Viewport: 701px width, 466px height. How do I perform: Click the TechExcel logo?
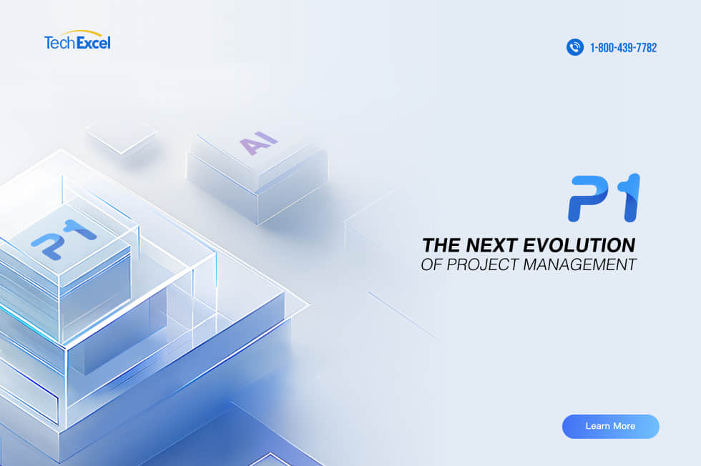click(x=77, y=40)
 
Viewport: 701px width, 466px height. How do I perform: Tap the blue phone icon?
click(x=575, y=47)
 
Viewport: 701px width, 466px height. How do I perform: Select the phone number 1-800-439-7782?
click(x=623, y=47)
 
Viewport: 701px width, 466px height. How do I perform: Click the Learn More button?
click(x=610, y=426)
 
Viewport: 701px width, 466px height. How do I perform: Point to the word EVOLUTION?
click(x=579, y=245)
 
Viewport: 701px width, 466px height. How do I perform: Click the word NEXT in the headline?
click(x=492, y=245)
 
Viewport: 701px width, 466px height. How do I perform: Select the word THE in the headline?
click(x=442, y=245)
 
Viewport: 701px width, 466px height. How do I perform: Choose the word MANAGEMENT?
click(x=579, y=264)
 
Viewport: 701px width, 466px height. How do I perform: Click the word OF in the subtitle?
click(x=432, y=264)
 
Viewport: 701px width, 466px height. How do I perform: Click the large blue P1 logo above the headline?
click(x=604, y=198)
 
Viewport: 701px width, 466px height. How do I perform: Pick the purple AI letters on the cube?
click(x=258, y=143)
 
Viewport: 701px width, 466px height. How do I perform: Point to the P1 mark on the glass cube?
click(x=64, y=239)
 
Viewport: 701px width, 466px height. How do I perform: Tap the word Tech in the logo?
click(x=60, y=43)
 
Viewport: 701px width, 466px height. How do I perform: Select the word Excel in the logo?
click(x=94, y=43)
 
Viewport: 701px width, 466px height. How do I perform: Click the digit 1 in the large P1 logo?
click(x=630, y=198)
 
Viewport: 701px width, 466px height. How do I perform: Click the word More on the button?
click(x=624, y=426)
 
